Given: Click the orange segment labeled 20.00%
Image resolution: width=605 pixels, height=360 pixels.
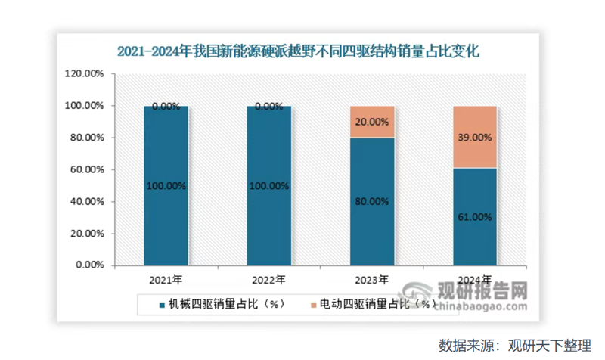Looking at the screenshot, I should tap(371, 122).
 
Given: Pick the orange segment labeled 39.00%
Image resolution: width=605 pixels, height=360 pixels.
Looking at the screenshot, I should tap(474, 137).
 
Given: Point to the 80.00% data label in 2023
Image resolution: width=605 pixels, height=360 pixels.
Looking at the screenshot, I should tap(371, 201).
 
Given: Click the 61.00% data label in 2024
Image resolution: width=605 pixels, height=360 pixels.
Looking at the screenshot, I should tap(475, 217).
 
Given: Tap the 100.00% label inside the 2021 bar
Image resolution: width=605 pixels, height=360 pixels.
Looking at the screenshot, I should tap(165, 185).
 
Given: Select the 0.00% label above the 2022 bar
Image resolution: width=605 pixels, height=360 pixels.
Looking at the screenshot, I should tap(268, 107).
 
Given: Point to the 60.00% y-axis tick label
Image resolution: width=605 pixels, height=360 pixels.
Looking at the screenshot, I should tap(86, 170).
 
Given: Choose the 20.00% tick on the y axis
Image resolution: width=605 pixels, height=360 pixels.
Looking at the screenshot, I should tap(86, 234).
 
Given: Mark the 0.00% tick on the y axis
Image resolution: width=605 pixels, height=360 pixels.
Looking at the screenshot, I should tap(89, 266).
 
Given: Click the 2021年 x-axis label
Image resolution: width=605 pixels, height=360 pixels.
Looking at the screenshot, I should tap(165, 280).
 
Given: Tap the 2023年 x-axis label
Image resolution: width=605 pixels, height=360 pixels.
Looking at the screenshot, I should tap(371, 280).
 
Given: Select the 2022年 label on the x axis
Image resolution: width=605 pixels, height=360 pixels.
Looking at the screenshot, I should tap(268, 280).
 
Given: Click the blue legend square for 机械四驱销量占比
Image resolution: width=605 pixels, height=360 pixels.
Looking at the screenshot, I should tap(163, 304).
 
